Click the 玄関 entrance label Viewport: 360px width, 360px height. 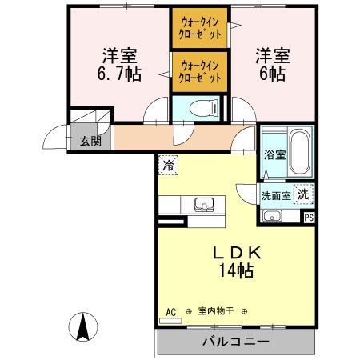click(x=90, y=142)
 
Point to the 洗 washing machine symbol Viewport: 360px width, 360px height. click(x=303, y=193)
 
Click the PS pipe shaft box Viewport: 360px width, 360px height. click(x=309, y=216)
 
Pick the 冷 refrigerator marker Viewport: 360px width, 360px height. click(x=169, y=165)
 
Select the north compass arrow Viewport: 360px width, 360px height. click(x=82, y=327)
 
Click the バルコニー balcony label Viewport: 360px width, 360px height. click(x=235, y=342)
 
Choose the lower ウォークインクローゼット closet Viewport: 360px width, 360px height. click(x=199, y=70)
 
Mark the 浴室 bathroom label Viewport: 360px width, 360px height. click(x=274, y=154)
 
